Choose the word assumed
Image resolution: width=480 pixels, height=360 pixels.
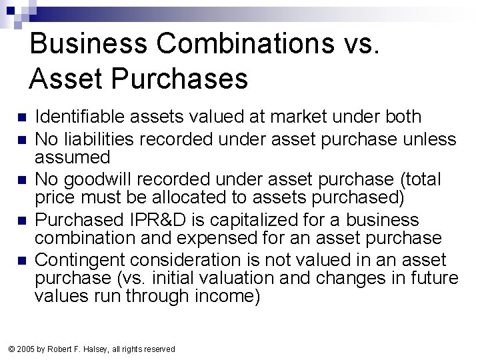72,157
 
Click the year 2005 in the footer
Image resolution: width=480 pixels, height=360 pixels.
25,349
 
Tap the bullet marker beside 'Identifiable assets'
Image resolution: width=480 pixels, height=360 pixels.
20,118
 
